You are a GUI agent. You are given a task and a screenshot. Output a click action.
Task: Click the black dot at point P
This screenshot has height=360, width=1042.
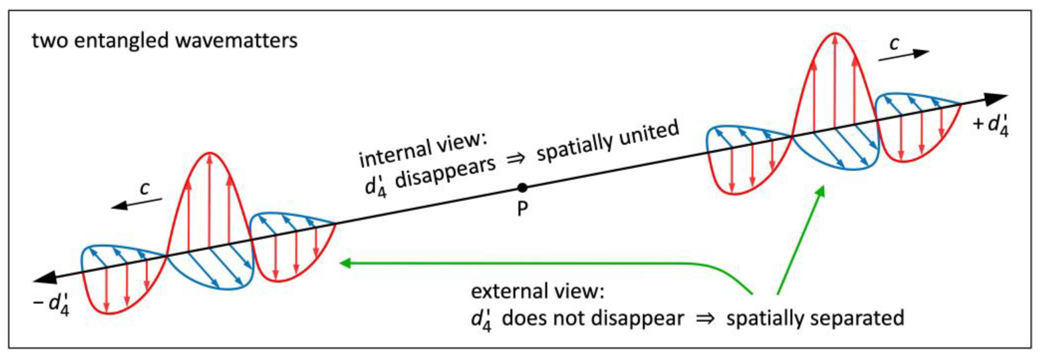(x=522, y=188)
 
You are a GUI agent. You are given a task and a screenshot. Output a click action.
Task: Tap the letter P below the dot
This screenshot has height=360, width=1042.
(x=522, y=209)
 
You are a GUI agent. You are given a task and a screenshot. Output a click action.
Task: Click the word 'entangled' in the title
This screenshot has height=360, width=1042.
(x=121, y=41)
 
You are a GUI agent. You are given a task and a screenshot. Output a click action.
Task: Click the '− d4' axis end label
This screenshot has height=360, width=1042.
(x=52, y=303)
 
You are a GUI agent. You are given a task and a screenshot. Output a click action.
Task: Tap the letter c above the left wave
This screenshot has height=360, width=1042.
(x=144, y=188)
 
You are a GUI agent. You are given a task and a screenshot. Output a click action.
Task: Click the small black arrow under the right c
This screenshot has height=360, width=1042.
(x=904, y=56)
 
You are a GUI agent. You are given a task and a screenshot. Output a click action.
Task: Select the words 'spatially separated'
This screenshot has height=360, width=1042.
(x=815, y=318)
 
